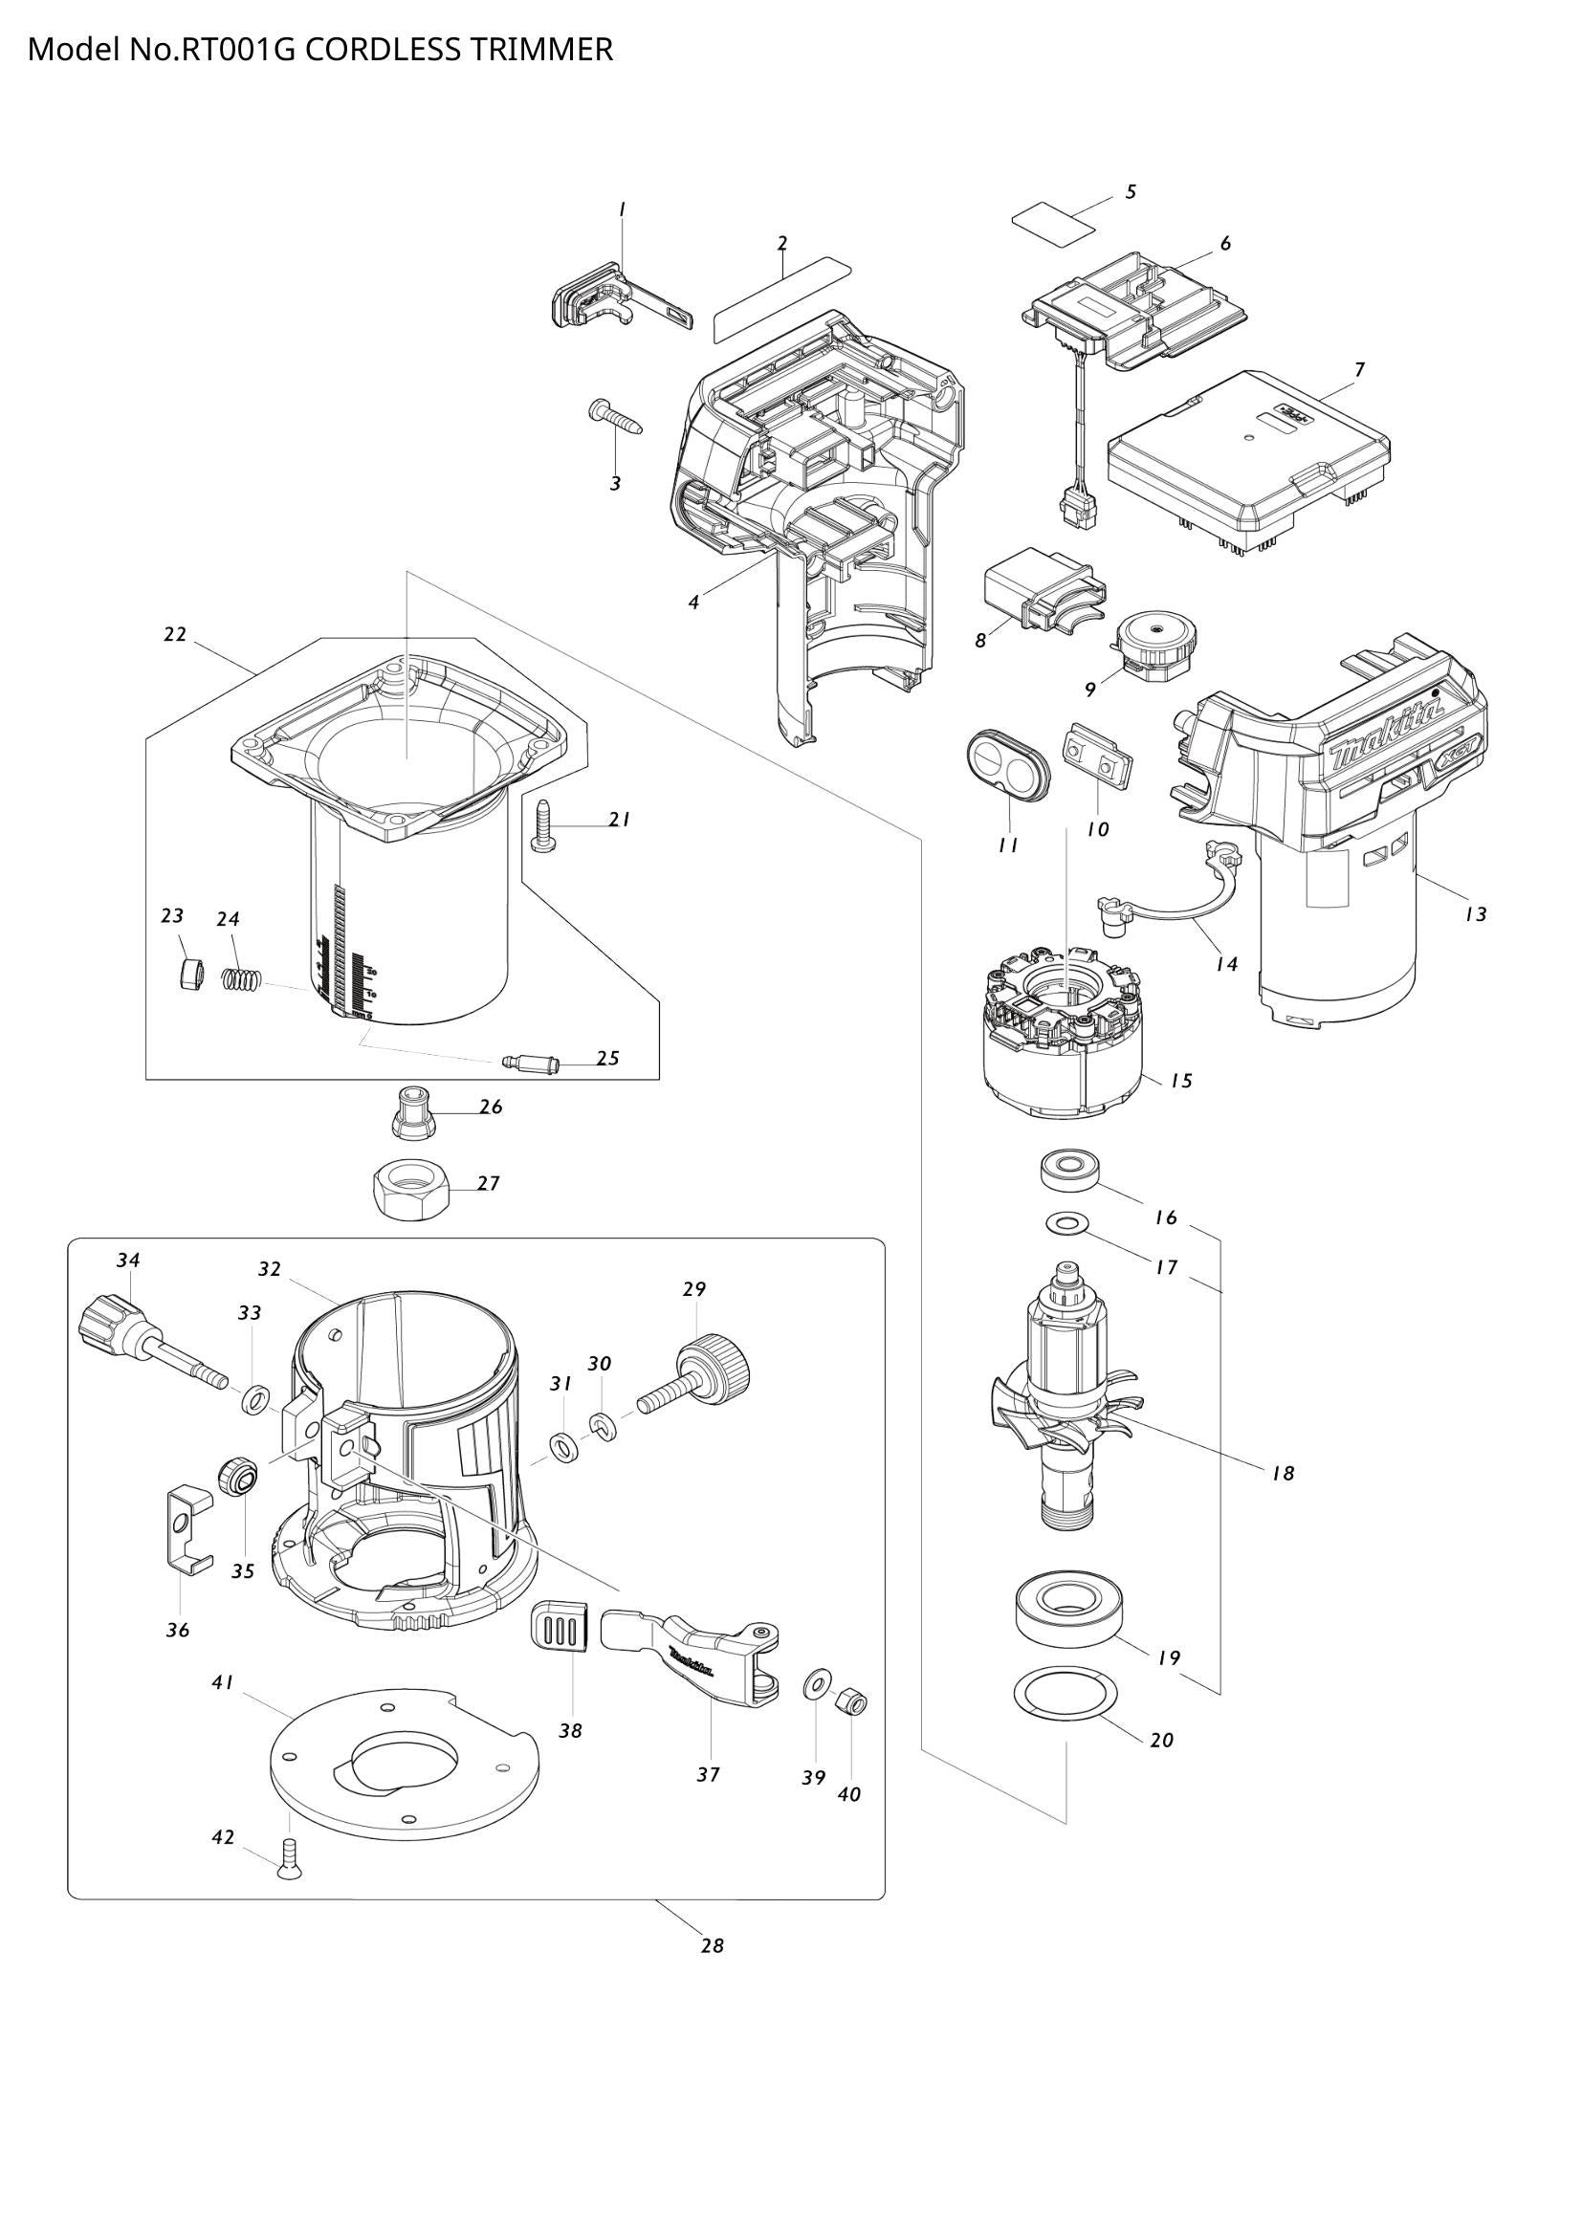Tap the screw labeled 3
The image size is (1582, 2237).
tap(616, 419)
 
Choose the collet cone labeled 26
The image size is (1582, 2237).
tap(415, 1112)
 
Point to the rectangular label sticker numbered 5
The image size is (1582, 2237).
tap(1052, 225)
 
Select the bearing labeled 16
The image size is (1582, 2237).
tap(1069, 1168)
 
